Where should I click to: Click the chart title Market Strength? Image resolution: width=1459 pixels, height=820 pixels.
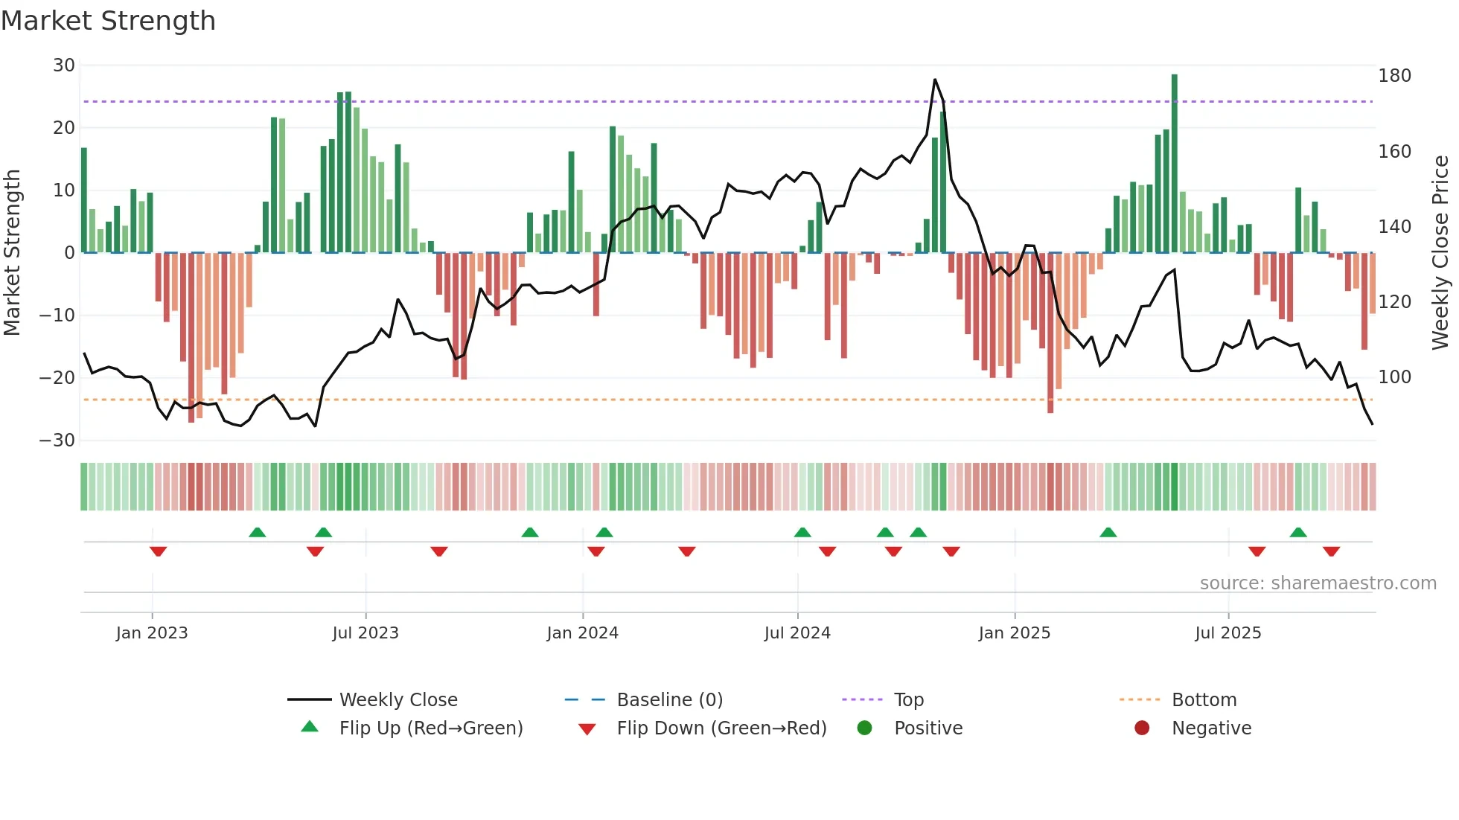point(108,21)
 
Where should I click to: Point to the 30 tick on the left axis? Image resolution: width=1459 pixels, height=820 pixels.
point(64,65)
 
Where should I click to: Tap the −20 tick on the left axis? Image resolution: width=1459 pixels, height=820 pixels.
point(57,378)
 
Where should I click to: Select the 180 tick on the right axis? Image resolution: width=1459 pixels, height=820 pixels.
point(1394,76)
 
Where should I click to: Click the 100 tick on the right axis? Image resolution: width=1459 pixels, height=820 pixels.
point(1394,377)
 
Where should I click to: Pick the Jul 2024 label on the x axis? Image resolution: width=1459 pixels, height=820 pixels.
point(797,633)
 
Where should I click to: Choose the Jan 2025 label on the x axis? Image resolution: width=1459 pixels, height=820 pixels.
point(1014,633)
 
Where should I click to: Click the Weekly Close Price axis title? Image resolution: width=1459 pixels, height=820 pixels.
point(1440,253)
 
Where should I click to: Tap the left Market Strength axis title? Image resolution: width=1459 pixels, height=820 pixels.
point(13,253)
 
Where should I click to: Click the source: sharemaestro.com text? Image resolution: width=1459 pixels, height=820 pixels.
point(1318,583)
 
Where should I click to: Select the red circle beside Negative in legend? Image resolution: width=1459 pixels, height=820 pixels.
point(1142,728)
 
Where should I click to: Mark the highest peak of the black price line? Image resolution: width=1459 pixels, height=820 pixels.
point(935,80)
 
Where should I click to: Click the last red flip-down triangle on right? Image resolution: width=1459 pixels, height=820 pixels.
point(1331,551)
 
